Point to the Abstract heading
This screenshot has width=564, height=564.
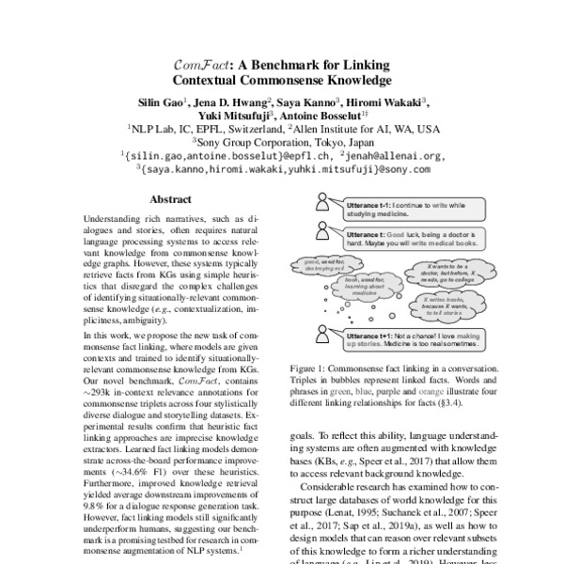click(171, 199)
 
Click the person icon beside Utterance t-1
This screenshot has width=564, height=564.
click(322, 200)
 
